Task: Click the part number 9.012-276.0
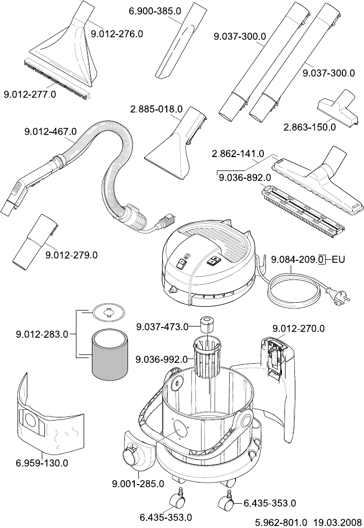point(117,34)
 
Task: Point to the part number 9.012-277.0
point(30,95)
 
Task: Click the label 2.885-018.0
point(156,110)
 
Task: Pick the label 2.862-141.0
point(238,154)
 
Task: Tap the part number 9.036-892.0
point(245,177)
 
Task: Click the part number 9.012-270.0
point(298,328)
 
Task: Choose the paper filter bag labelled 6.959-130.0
point(49,418)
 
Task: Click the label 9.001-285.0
point(138,484)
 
